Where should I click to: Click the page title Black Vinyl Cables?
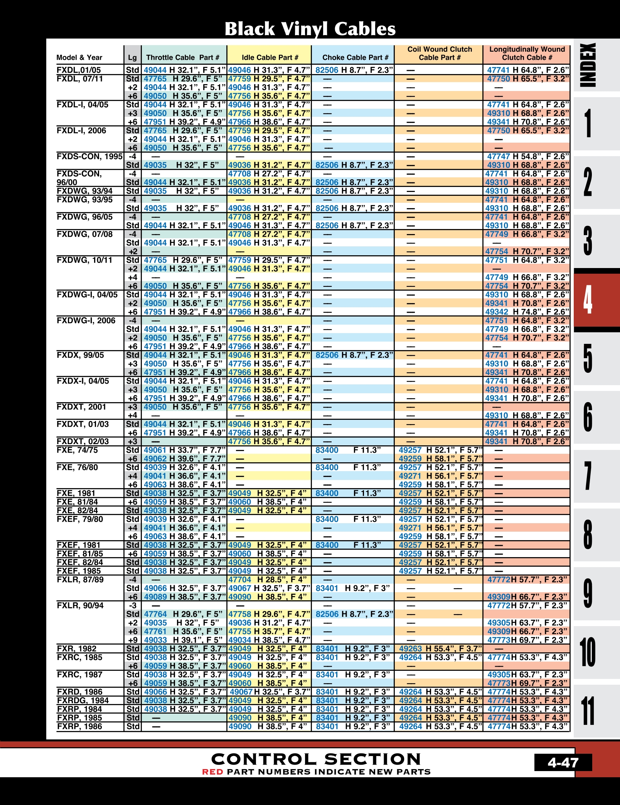(x=310, y=29)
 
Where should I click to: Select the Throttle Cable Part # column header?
(x=182, y=57)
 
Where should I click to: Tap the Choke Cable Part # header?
(x=355, y=57)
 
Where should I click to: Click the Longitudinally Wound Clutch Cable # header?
(x=527, y=54)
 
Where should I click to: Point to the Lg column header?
(x=132, y=57)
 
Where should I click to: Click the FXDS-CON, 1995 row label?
(x=89, y=157)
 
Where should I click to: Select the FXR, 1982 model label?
(x=76, y=648)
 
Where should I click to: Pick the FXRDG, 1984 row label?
(x=83, y=700)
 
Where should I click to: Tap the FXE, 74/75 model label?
(x=77, y=450)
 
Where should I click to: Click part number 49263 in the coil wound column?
(x=410, y=648)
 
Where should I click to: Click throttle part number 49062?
(x=155, y=459)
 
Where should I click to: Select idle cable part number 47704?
(x=239, y=579)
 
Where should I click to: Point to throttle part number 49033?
(x=155, y=640)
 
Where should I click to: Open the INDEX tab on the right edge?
(x=588, y=65)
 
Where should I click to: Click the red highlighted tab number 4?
(x=588, y=300)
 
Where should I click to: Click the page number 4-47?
(x=563, y=762)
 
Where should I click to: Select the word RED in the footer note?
(x=212, y=771)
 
